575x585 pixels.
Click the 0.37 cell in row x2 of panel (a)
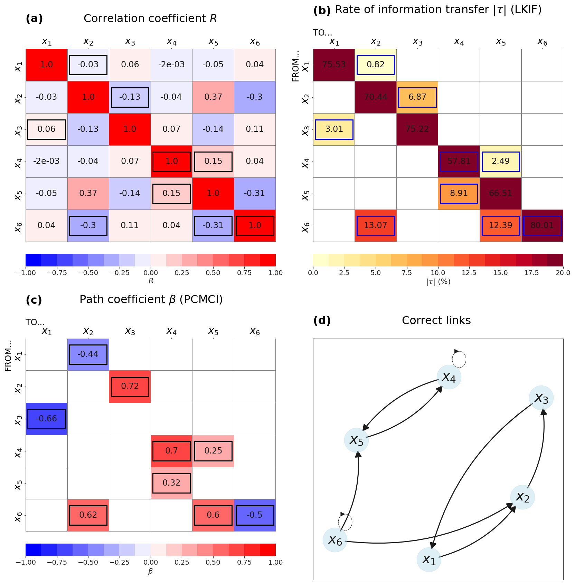tap(213, 97)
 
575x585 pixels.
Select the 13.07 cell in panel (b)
tap(376, 225)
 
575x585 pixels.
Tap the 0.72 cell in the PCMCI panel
tap(130, 386)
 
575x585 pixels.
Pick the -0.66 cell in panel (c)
tap(47, 419)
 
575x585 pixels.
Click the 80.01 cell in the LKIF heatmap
tap(542, 225)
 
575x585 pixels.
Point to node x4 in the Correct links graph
tap(449, 377)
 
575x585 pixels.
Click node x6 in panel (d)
tap(335, 540)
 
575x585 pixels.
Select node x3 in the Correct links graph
tap(541, 398)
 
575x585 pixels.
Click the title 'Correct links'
tap(436, 321)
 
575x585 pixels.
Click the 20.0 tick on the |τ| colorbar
tap(563, 273)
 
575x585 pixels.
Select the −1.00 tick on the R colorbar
tap(26, 273)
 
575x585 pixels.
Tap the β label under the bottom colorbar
tap(151, 571)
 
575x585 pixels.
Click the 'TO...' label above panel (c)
tap(35, 322)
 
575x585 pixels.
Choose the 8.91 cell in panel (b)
tap(459, 193)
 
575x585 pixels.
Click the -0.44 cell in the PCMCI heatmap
tap(88, 354)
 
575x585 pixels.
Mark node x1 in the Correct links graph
tap(429, 559)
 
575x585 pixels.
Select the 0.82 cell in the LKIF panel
tap(376, 65)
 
